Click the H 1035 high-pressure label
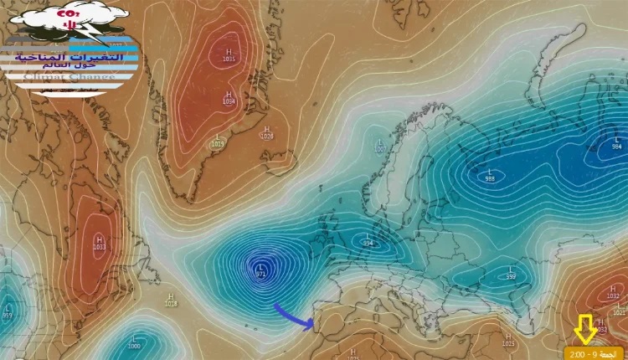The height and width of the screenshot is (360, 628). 229,56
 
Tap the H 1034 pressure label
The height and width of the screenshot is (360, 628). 229,98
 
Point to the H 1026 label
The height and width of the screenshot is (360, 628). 266,132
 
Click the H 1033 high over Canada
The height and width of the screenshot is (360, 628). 100,244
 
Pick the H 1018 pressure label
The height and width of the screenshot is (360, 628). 171,300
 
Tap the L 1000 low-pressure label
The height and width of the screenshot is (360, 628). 134,342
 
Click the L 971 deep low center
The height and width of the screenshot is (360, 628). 261,270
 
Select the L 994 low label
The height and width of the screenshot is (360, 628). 367,241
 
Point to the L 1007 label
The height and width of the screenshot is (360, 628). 381,146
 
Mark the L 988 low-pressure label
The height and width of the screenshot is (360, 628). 490,175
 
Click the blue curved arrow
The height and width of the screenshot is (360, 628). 293,318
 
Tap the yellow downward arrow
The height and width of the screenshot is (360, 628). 585,329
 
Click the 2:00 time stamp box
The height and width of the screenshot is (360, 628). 594,353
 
